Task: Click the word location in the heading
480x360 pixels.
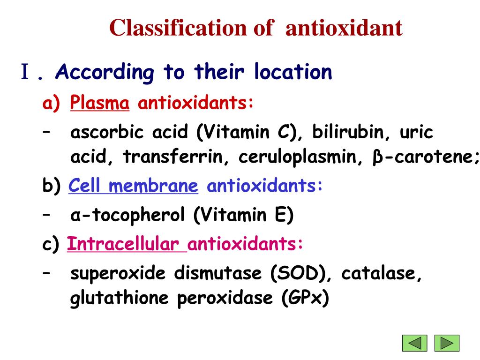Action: pyautogui.click(x=292, y=72)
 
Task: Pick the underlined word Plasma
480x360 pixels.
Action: pyautogui.click(x=100, y=103)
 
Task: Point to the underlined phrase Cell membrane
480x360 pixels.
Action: pyautogui.click(x=133, y=186)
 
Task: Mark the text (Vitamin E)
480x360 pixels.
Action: pyautogui.click(x=243, y=216)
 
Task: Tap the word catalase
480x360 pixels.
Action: pyautogui.click(x=382, y=273)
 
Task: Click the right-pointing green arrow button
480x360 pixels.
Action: pyautogui.click(x=447, y=343)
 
